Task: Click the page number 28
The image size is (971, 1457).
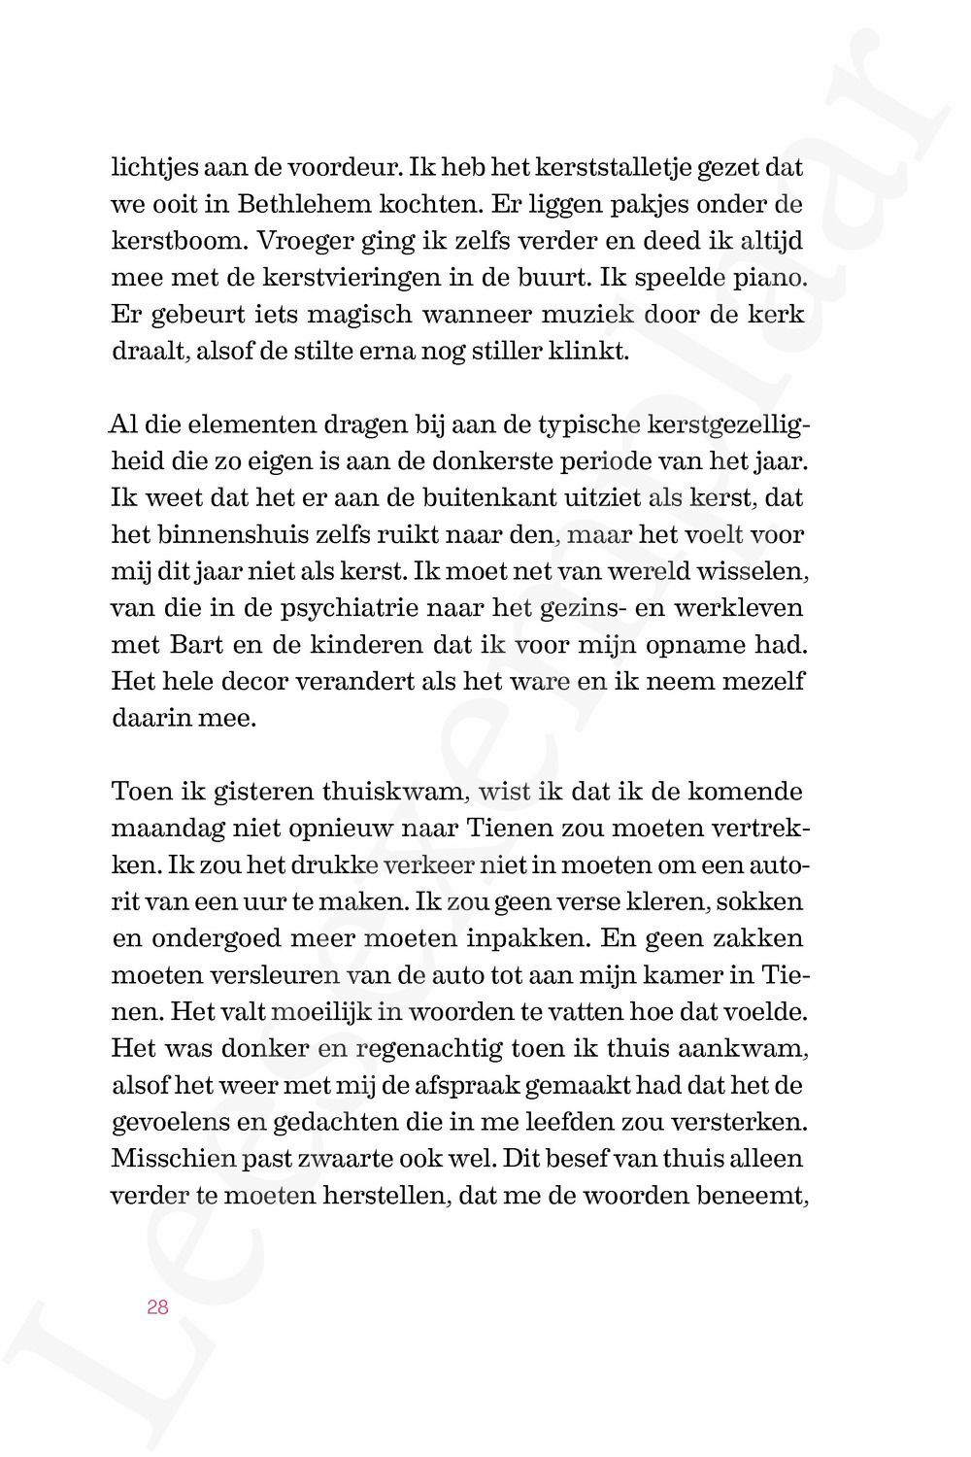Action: point(157,1307)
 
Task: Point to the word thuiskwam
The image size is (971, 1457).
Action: point(396,792)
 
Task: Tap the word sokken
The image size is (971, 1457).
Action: point(766,902)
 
